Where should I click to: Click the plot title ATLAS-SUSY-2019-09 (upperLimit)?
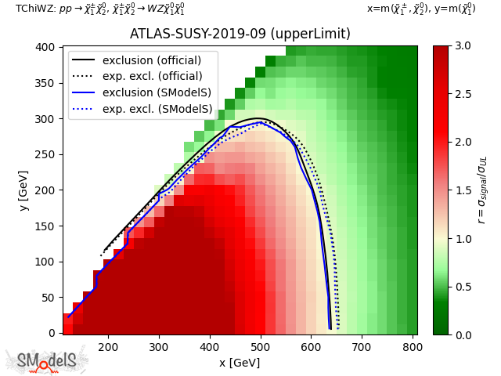(240, 34)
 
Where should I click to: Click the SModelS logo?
(47, 360)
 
